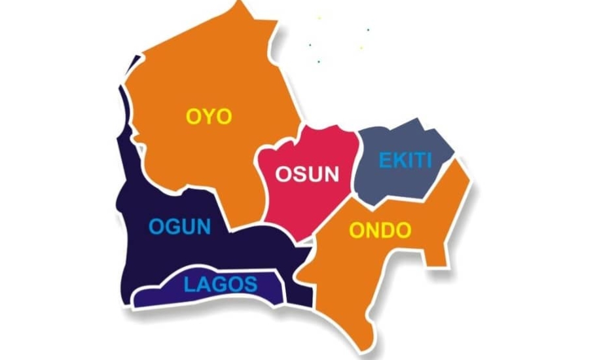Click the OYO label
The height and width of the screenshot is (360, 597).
[x=209, y=117]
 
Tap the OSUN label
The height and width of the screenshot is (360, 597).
[x=308, y=174]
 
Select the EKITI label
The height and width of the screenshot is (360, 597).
[x=406, y=160]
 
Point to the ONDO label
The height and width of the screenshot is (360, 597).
[x=380, y=230]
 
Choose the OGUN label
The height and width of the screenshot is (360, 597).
[x=180, y=227]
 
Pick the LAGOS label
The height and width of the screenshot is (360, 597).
[x=221, y=284]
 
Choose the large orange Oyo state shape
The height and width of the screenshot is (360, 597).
[x=196, y=72]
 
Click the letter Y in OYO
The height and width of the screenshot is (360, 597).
[x=209, y=117]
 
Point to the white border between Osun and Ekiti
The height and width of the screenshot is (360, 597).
[x=356, y=164]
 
